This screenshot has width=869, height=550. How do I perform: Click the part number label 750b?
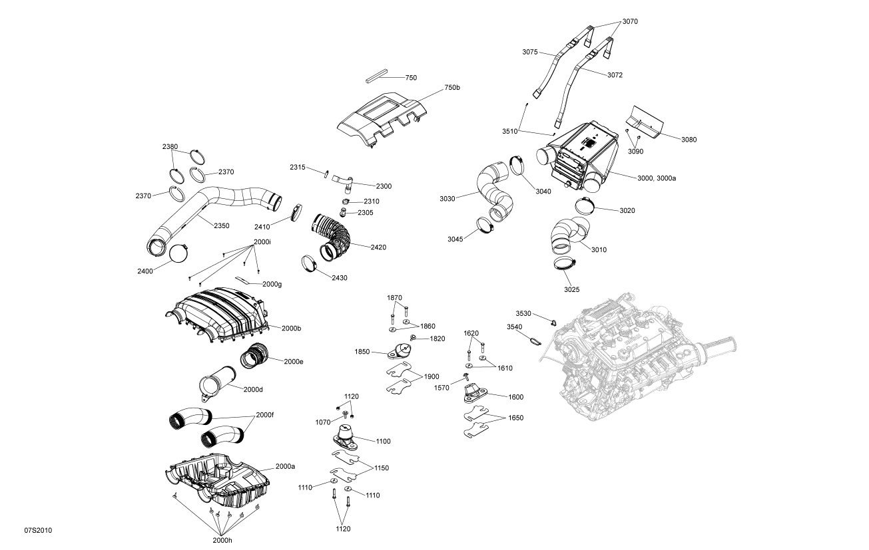(452, 88)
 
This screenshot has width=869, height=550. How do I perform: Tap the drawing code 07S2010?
(38, 530)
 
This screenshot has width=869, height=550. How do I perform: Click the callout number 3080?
(689, 139)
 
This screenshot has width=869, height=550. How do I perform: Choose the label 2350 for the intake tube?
(221, 225)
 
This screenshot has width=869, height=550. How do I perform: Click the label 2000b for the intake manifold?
(291, 328)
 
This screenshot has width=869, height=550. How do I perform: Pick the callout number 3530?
(523, 313)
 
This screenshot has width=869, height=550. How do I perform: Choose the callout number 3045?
(455, 239)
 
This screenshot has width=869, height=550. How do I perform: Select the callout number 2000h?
(222, 539)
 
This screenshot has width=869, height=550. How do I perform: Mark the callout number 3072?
(615, 74)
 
